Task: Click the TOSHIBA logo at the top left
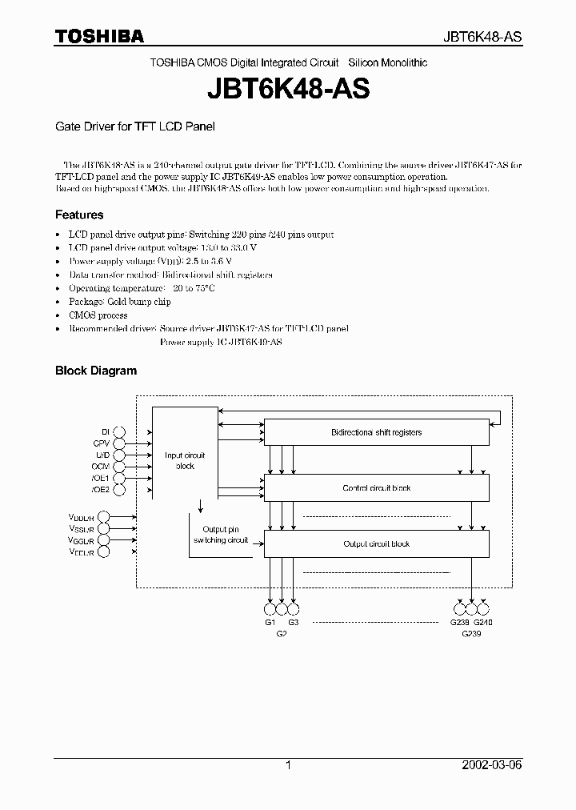99,36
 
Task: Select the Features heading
78,215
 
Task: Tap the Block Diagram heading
95,371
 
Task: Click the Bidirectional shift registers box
376,432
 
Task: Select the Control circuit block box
376,487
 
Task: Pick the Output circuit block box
376,543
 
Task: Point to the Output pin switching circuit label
221,535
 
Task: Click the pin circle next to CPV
120,442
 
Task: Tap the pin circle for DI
120,431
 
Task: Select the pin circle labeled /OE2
120,489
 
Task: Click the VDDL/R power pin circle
104,517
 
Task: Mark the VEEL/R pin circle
104,552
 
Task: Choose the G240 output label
483,622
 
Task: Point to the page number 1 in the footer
288,765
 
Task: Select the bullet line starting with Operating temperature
142,288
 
